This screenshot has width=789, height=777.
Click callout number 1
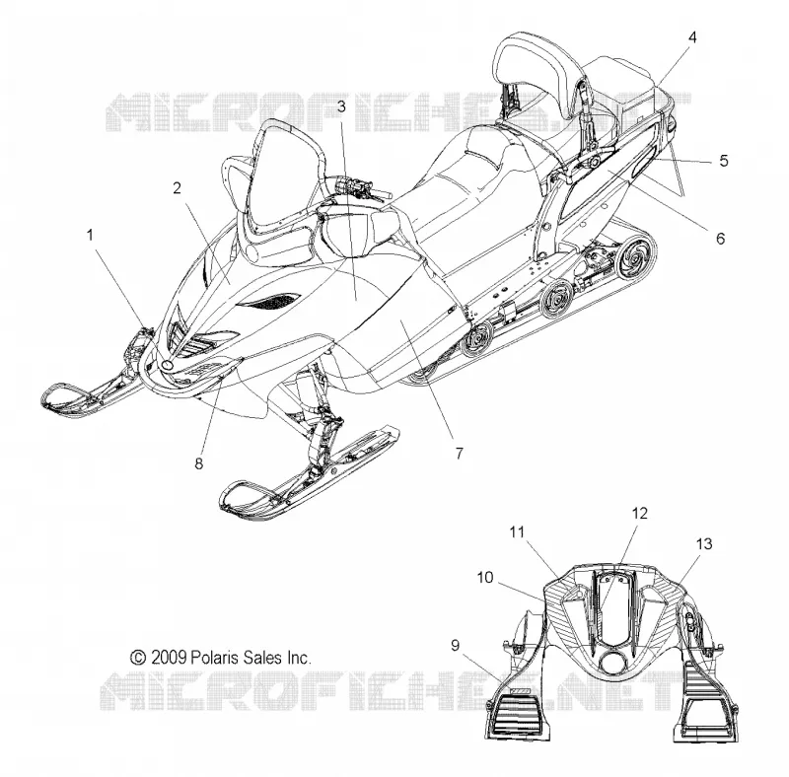pos(90,235)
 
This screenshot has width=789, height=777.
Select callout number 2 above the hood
pos(177,188)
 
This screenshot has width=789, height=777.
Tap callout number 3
pos(341,106)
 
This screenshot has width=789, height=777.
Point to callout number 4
pos(692,37)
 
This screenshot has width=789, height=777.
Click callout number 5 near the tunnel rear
pos(724,161)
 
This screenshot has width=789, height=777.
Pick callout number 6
pos(721,238)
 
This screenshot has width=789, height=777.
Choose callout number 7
pos(459,454)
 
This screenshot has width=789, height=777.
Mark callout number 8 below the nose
pos(199,463)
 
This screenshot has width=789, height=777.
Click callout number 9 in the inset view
pos(455,645)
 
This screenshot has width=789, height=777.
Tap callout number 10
pos(485,577)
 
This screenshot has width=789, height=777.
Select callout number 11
pos(517,531)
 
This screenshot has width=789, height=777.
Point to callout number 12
pos(639,514)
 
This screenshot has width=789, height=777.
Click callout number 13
pos(704,544)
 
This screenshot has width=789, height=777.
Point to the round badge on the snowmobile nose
pos(169,365)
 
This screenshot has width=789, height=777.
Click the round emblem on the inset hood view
pos(612,664)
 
